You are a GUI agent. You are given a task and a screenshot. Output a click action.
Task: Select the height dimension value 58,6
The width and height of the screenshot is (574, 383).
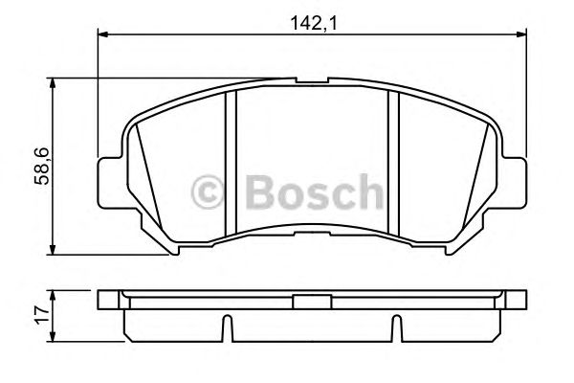coord(42,167)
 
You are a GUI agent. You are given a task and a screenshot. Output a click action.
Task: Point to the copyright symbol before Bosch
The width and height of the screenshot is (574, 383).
coord(210,191)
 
